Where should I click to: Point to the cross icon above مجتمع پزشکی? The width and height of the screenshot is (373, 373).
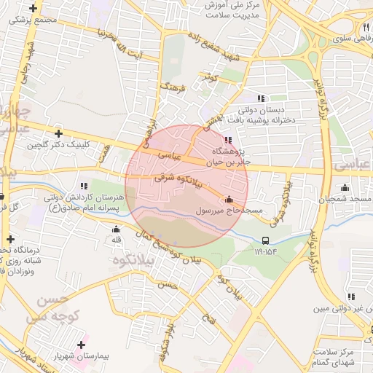(33, 9)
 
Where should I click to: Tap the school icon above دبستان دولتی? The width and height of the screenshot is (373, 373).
(262, 98)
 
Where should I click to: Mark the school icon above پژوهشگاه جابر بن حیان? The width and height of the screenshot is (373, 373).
(229, 139)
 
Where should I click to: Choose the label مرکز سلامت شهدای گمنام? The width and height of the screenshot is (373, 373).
(343, 356)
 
